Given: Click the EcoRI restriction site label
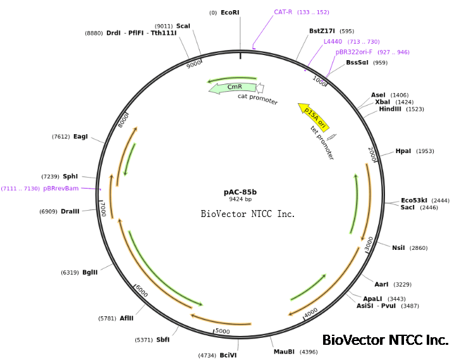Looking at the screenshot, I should (x=230, y=12).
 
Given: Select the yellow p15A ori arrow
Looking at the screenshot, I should (x=314, y=116).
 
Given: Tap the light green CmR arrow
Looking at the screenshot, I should (x=233, y=88).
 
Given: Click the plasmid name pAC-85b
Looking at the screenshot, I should (x=240, y=192).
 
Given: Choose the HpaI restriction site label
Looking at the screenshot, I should (x=403, y=151).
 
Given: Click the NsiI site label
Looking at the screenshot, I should (x=398, y=247).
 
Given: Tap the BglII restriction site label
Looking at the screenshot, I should (x=90, y=272).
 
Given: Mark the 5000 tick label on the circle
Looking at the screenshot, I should (x=222, y=330).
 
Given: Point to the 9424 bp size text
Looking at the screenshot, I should (x=240, y=199).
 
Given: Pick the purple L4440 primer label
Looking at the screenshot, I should (x=333, y=41).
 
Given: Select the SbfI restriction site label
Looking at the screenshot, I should (x=162, y=340).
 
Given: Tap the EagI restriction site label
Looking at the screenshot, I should (x=80, y=136).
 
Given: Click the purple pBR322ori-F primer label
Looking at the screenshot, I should (x=354, y=52).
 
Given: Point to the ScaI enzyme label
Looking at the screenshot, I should (x=183, y=26).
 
